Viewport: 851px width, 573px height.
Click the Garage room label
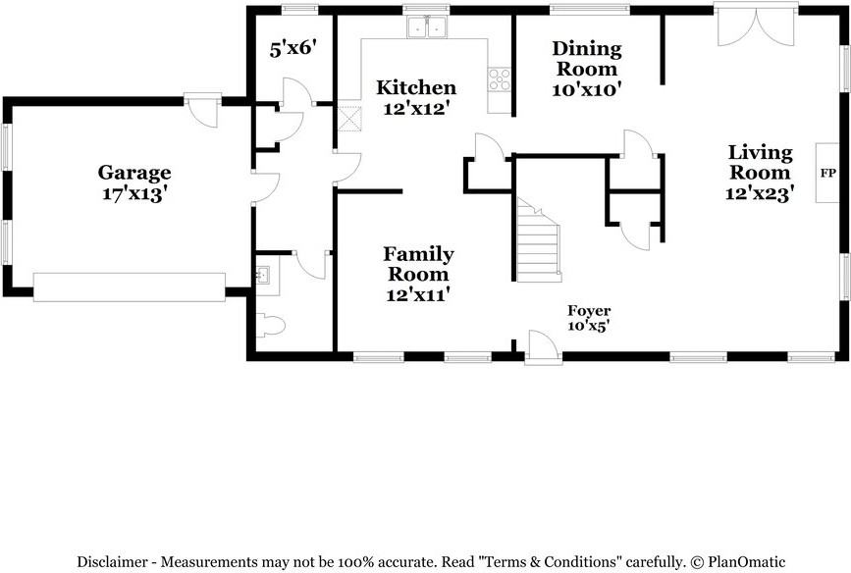134,173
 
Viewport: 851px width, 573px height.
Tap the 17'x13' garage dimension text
134,193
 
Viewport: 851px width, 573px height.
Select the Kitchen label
416,87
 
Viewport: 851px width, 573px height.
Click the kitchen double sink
427,26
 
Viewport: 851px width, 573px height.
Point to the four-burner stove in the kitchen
499,79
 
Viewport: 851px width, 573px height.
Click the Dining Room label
587,59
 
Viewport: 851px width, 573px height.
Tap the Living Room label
760,162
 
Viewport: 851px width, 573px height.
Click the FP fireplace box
827,173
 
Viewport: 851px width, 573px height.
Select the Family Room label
418,264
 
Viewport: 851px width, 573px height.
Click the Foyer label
589,311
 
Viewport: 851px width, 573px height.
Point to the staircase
538,240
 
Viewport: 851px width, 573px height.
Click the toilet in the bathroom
270,325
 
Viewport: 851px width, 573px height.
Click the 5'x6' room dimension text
293,49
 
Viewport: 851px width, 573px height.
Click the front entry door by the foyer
543,347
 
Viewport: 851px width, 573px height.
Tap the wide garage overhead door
130,287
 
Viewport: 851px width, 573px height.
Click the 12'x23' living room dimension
760,192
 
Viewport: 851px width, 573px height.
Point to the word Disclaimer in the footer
112,561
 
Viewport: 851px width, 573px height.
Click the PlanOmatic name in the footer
747,561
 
